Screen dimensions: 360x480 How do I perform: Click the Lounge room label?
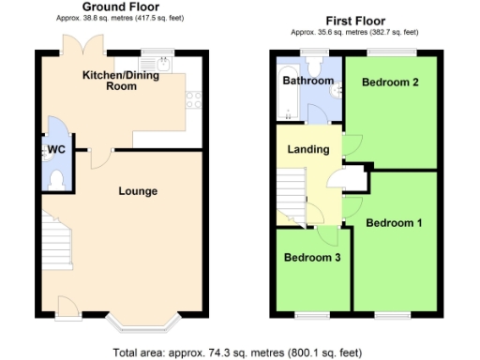[x=137, y=191]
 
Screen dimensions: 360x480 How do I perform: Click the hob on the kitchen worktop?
[x=194, y=96]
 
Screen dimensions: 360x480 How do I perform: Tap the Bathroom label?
[x=308, y=82]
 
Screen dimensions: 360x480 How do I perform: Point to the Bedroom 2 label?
[x=389, y=82]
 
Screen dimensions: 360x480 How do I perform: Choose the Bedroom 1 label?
[x=394, y=223]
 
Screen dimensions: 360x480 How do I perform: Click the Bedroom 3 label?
[x=312, y=257]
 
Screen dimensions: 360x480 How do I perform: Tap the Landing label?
[x=308, y=149]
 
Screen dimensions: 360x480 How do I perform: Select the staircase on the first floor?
[x=290, y=191]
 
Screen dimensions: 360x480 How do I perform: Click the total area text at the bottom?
[x=237, y=353]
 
